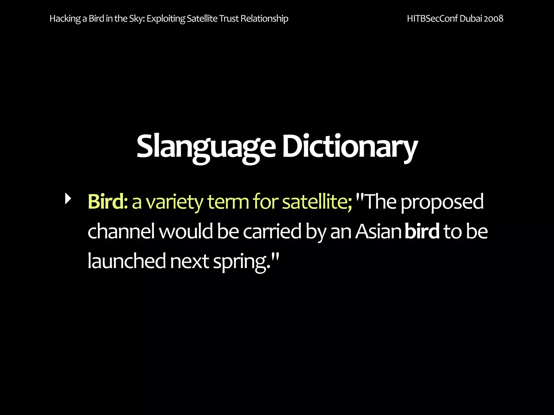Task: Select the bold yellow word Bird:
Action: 108,202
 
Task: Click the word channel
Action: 121,232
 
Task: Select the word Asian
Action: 378,232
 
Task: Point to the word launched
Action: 127,261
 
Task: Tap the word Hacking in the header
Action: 65,19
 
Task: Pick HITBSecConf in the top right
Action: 432,19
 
